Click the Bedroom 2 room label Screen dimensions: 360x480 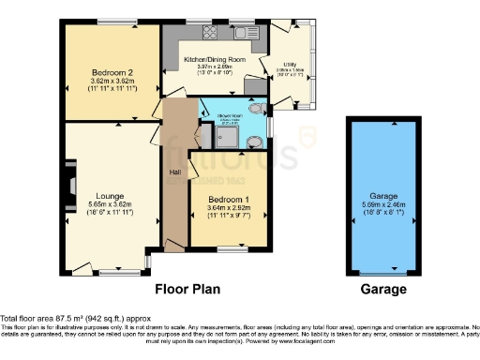[x=112, y=72]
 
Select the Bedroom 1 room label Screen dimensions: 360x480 [x=228, y=198]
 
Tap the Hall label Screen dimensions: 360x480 [x=174, y=173]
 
